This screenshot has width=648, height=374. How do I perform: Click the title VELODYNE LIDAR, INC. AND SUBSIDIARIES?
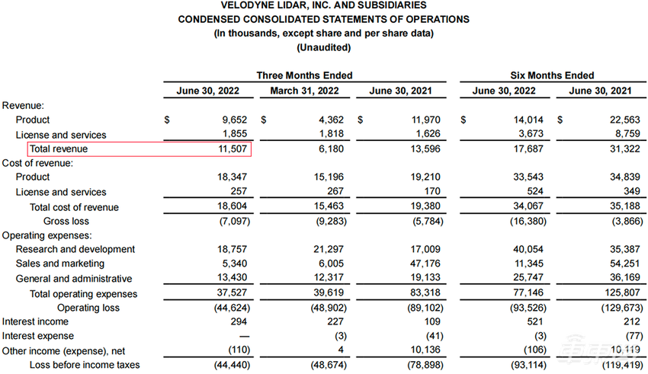tap(323, 6)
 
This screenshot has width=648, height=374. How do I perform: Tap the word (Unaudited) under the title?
tap(323, 47)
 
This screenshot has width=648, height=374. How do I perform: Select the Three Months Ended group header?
tap(304, 75)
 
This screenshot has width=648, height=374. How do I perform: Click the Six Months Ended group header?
tap(552, 75)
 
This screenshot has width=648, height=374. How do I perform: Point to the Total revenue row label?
tap(59, 149)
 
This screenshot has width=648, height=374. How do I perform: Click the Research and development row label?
tap(75, 249)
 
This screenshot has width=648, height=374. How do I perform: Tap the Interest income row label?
tap(35, 321)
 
